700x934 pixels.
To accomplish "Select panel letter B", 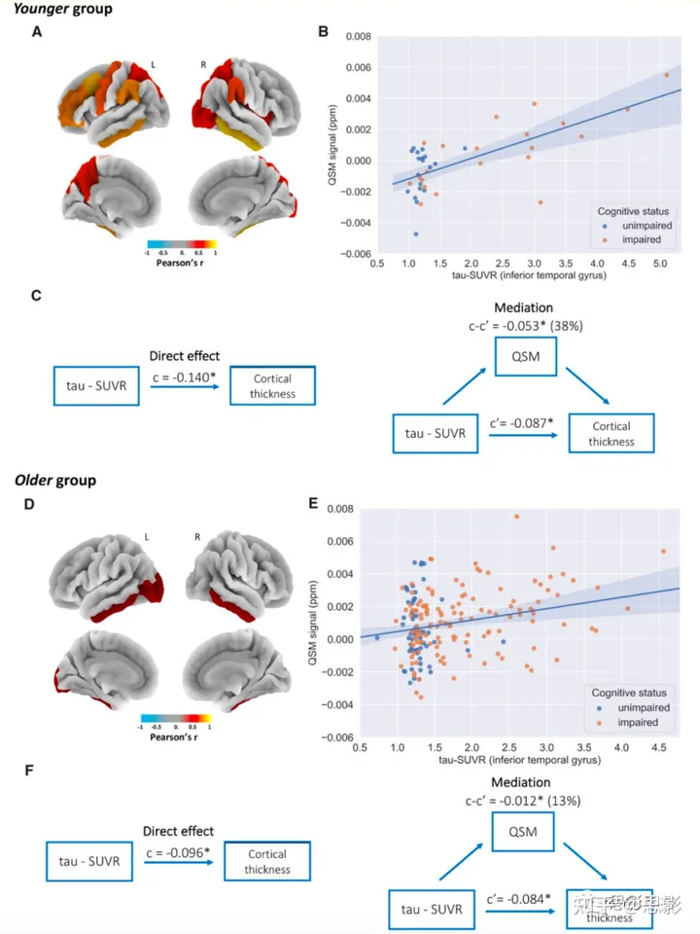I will [324, 33].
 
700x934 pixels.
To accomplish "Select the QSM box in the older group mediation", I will [526, 833].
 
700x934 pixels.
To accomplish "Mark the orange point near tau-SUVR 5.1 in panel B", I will [667, 74].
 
